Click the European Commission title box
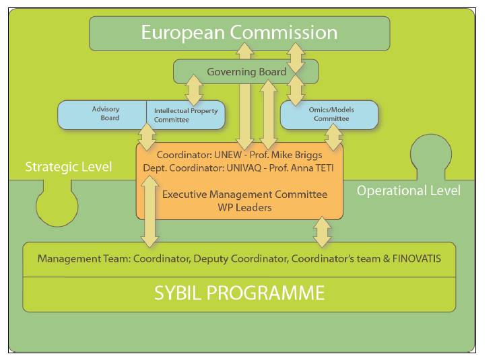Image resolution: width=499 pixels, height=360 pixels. click(x=239, y=34)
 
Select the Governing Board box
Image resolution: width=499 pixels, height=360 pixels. click(x=246, y=71)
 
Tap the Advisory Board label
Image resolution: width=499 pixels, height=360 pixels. click(x=106, y=113)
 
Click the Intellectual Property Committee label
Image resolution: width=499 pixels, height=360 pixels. click(x=186, y=115)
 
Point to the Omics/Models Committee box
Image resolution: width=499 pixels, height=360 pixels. click(x=329, y=115)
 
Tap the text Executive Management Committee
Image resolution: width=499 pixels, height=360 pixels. click(x=244, y=194)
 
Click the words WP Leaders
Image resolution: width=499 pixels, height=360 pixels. click(x=244, y=207)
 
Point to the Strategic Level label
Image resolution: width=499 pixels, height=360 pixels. click(x=69, y=167)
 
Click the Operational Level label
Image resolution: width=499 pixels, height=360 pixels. click(x=408, y=190)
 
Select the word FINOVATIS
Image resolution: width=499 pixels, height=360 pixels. click(x=417, y=258)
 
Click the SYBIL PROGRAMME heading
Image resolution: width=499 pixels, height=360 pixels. click(x=239, y=293)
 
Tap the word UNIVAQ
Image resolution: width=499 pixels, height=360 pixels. click(x=244, y=168)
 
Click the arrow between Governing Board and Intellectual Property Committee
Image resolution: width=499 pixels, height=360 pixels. click(x=194, y=90)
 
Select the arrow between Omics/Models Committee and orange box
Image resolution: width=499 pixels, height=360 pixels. click(x=333, y=137)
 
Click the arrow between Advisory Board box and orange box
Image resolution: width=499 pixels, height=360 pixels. click(x=147, y=137)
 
